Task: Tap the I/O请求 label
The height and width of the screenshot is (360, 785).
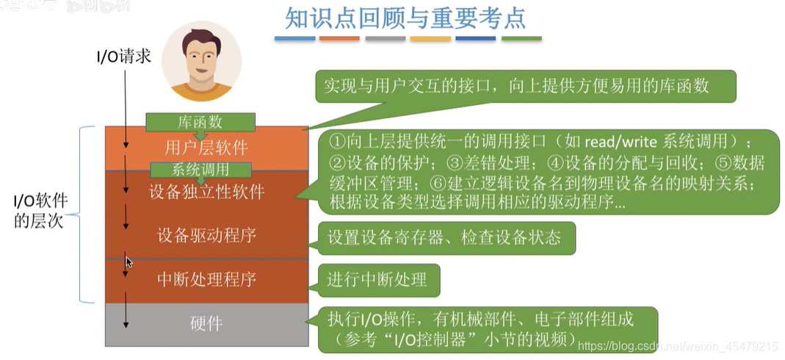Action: pos(124,56)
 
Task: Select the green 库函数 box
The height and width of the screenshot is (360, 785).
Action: pos(200,122)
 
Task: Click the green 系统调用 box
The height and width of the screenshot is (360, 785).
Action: pos(200,169)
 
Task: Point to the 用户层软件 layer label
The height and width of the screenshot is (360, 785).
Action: pos(206,145)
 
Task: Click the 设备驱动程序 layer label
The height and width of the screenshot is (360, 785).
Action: pos(206,236)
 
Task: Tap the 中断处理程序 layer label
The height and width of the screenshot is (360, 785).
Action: pos(206,280)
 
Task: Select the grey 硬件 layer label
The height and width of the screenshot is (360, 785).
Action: pos(206,324)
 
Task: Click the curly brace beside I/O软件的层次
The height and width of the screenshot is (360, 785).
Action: pos(84,214)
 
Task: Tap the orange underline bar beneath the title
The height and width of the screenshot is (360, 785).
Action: pos(340,38)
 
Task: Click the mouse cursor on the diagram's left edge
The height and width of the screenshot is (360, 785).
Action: pos(129,262)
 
